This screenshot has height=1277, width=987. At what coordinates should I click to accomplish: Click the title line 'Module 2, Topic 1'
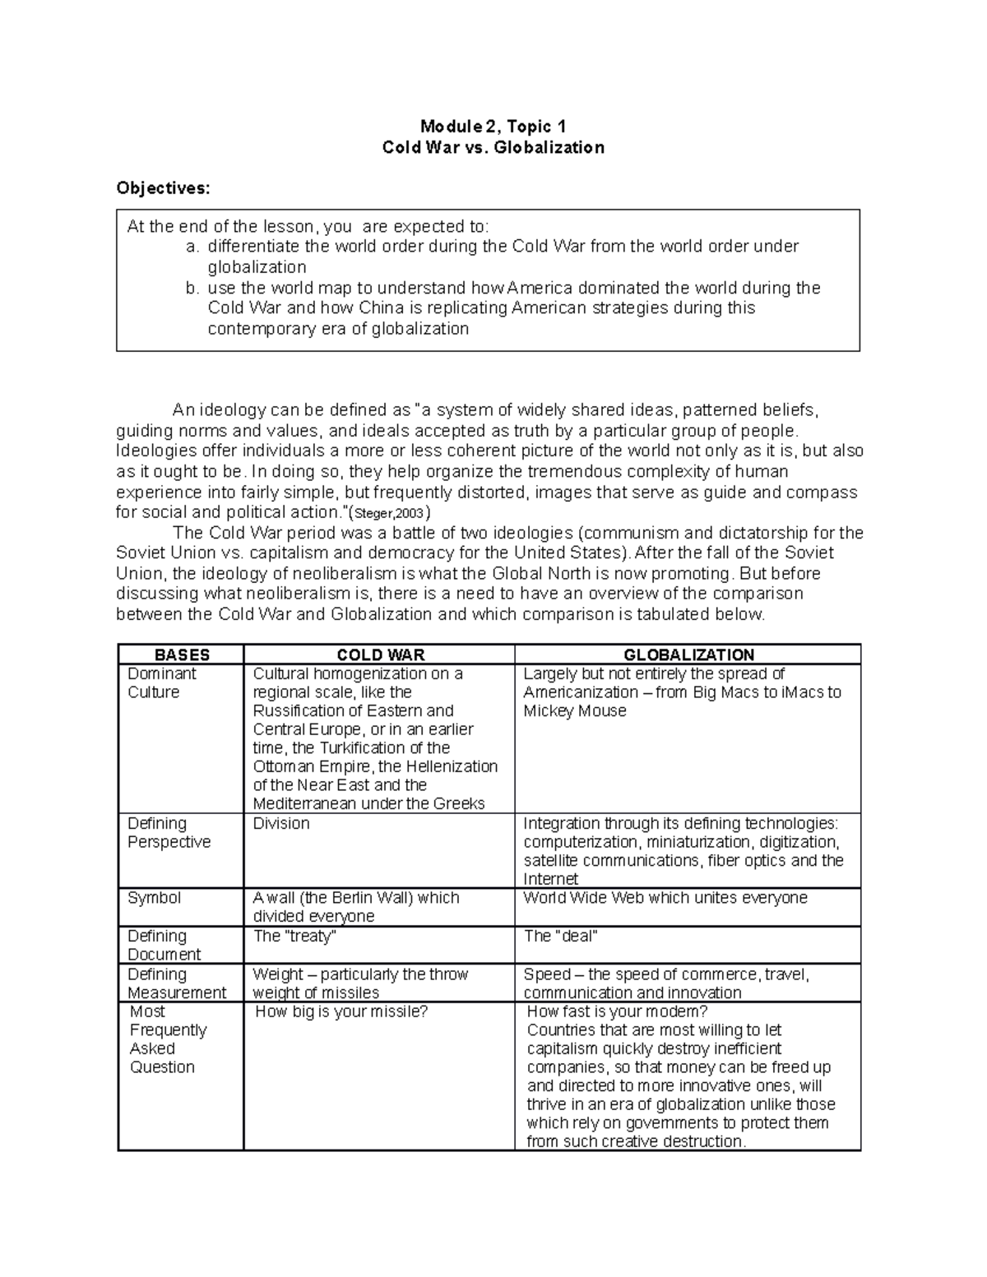493,126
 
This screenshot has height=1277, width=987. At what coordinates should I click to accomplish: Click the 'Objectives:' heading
163,188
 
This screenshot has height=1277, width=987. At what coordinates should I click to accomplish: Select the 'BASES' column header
182,655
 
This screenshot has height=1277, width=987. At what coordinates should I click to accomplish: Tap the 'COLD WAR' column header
380,655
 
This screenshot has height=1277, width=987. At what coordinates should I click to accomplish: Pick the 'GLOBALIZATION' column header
688,655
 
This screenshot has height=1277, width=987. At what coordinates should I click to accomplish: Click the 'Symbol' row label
154,898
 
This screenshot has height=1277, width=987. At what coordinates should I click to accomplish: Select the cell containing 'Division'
281,824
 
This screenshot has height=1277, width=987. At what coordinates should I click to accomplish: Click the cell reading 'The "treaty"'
294,936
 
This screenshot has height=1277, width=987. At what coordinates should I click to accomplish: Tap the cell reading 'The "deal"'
560,936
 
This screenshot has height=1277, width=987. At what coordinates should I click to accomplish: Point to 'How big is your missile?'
341,1011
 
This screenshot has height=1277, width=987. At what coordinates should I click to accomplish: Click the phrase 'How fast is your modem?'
617,1011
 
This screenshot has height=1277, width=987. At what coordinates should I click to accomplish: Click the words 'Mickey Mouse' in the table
574,711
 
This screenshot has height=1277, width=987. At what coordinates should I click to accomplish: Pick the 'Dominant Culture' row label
161,683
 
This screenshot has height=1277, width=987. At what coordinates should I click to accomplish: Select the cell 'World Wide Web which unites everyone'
665,898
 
